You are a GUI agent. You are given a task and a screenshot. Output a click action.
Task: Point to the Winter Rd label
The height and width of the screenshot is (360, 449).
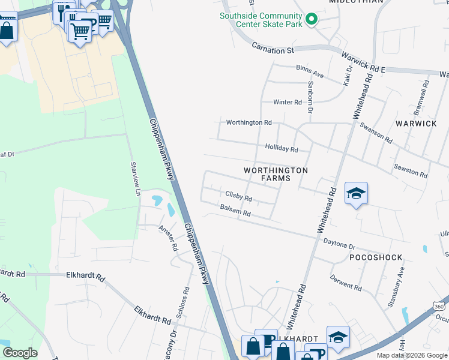coord(288,102)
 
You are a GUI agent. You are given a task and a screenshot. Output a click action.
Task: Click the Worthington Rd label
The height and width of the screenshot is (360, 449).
coord(249,122)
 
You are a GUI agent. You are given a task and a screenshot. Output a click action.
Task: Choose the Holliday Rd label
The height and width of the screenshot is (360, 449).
coord(282,148)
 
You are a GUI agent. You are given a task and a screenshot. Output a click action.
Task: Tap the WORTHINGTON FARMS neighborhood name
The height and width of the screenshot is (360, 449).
coord(276,175)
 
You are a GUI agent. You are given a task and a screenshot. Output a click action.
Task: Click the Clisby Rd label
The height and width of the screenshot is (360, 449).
coord(238,196)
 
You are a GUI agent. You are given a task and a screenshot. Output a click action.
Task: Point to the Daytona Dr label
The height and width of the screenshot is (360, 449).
coord(340,246)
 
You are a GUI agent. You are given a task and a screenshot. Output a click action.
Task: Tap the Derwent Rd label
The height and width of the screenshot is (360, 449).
coord(346,283)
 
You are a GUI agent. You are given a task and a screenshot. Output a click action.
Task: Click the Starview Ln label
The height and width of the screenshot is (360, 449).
coord(136,178)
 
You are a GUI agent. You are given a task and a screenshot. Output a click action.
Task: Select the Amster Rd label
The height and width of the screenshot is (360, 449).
coord(169,238)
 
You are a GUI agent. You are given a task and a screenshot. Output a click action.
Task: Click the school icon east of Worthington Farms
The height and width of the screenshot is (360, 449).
coord(356,193)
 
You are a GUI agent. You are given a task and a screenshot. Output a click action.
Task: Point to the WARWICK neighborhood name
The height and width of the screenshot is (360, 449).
coord(416,123)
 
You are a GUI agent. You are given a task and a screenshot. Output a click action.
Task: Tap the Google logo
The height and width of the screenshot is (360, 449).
coord(20,353)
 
